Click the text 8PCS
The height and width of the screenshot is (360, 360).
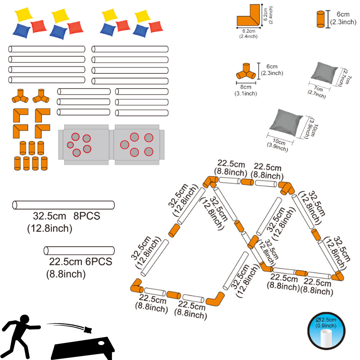coord(87,216)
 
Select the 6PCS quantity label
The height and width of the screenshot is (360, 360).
coord(99,261)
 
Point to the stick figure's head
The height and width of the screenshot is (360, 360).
coord(24,319)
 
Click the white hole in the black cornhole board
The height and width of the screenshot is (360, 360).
coord(101,343)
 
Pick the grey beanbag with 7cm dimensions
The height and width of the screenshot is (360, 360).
coord(324,73)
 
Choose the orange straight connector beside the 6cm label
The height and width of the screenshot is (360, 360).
coord(321,19)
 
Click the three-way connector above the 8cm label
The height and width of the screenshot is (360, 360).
coord(246,72)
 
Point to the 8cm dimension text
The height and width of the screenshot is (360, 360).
coord(246,87)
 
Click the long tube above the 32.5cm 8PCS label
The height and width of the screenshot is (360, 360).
coord(63,205)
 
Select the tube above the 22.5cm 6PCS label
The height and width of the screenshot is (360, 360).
coord(79,251)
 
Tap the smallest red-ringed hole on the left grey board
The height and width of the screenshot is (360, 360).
coord(70,145)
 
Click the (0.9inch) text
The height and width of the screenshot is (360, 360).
coord(326,325)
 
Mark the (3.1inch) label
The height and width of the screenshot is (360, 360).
coord(246,94)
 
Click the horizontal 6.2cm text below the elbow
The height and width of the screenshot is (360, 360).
coord(249,31)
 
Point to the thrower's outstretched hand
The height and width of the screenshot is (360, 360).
coord(38,327)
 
